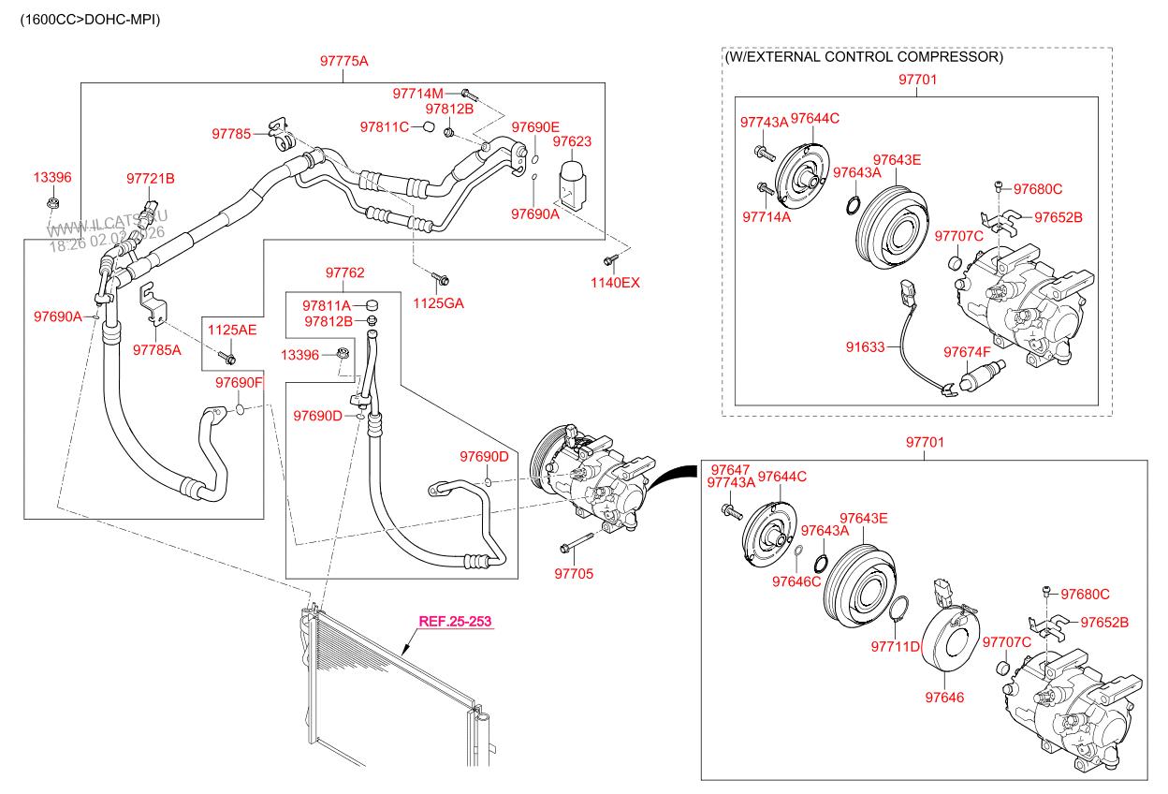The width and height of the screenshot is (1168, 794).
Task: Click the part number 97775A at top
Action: [343, 61]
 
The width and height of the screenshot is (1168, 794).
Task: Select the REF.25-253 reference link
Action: [454, 621]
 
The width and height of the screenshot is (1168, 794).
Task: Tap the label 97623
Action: [572, 141]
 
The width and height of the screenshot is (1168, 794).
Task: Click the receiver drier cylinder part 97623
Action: [572, 182]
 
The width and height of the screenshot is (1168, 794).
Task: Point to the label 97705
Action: [573, 574]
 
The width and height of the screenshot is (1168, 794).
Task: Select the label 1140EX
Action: [615, 282]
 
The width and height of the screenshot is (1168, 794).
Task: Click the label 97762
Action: [344, 272]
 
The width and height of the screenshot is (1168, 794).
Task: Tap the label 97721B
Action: [151, 178]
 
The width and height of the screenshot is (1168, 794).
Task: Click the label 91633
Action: [865, 346]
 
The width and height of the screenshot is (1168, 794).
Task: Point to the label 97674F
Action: [967, 351]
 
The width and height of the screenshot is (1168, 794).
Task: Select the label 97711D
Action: [896, 646]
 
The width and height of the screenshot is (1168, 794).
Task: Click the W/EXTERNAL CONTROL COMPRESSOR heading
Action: [864, 57]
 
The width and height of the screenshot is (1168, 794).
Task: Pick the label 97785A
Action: [156, 350]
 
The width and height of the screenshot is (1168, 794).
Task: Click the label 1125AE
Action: [231, 330]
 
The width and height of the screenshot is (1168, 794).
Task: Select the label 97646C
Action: [796, 581]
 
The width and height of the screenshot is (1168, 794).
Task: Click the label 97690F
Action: [239, 383]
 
